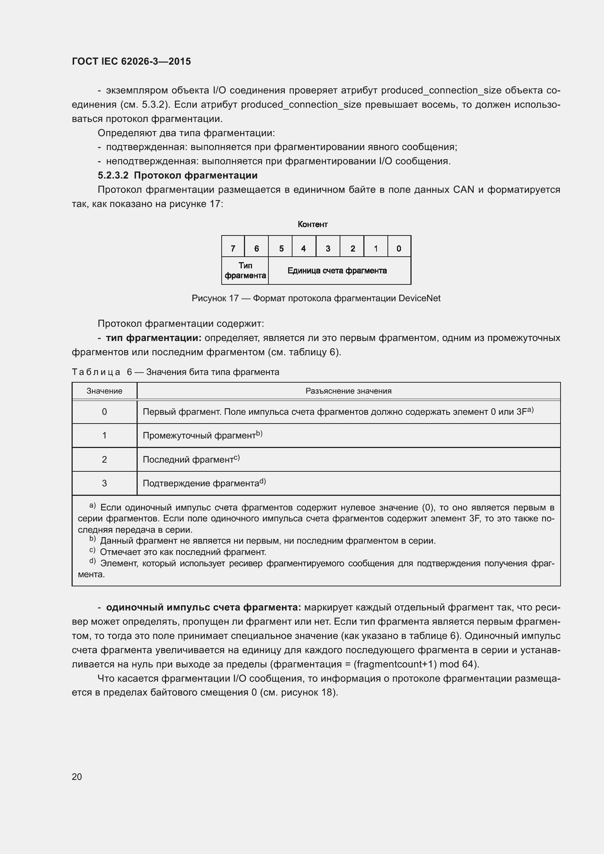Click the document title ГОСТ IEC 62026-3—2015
tap(131, 61)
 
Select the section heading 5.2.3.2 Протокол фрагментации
tap(177, 175)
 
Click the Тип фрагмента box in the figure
tap(245, 271)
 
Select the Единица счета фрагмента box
tap(337, 271)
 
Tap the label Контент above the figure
tap(313, 224)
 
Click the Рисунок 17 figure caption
tap(316, 298)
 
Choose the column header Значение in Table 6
tap(104, 391)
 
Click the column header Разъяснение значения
tap(348, 391)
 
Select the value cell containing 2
tap(104, 459)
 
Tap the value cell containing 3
tap(104, 483)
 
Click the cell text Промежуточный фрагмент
tap(199, 436)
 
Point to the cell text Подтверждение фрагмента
tap(201, 483)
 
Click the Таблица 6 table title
tap(175, 372)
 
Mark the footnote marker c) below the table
tap(92, 551)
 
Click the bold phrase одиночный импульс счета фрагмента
tap(203, 608)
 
